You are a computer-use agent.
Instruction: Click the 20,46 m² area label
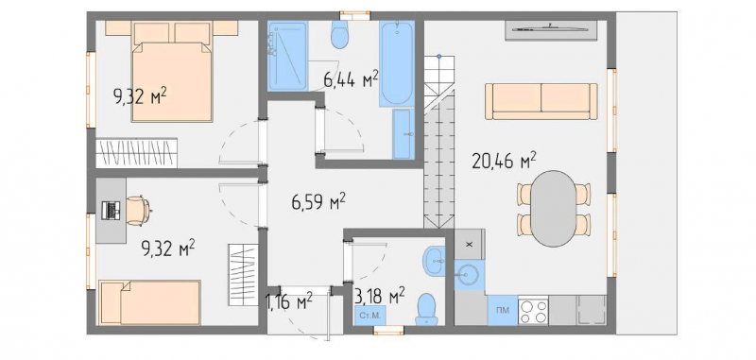point(504,161)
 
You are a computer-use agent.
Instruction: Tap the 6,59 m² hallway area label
point(318,201)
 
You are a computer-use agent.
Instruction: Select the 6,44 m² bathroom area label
point(351,79)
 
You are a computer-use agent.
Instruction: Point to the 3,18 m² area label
point(379,295)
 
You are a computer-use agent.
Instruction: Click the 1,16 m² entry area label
point(289,302)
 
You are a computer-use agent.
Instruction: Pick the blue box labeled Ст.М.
point(370,316)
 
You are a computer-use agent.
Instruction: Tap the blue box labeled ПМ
point(503,310)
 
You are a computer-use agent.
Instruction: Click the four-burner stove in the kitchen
point(533,310)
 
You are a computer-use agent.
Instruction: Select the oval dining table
point(554,209)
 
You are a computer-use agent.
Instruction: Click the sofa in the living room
point(541,101)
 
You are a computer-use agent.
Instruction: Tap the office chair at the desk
point(138,211)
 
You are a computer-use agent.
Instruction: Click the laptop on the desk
point(112,211)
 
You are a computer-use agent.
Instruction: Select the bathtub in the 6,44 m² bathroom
point(396,63)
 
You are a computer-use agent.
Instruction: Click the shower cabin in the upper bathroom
point(287,56)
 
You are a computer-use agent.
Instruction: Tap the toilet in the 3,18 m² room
point(426,309)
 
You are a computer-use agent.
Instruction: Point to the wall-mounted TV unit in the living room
point(551,30)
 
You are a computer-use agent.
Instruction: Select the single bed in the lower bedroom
point(149,302)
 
